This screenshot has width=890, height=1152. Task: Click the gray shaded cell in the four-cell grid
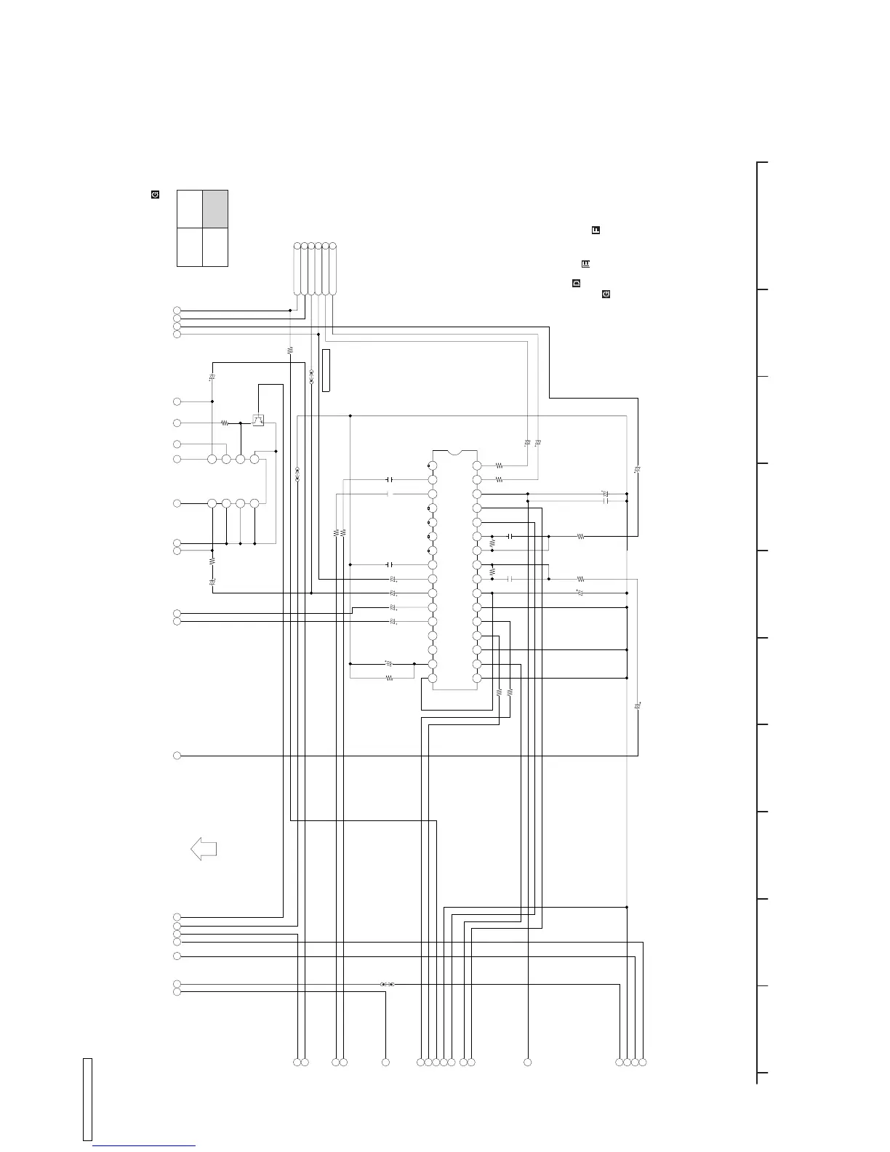[215, 209]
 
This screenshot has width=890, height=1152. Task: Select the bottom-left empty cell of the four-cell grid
[190, 247]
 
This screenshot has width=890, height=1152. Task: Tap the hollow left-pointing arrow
[204, 849]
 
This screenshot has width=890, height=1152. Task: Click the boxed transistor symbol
[258, 420]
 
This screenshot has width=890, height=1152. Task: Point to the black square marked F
[596, 230]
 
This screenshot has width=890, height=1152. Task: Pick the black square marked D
[576, 283]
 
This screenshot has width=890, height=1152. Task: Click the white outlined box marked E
[585, 263]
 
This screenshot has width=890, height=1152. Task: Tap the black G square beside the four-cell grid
[155, 194]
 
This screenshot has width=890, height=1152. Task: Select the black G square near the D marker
[606, 294]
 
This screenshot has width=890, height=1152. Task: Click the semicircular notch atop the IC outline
[454, 452]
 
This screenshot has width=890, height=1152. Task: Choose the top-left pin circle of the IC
[432, 465]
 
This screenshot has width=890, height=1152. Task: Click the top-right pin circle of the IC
[477, 465]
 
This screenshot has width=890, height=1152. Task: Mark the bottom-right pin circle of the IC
[477, 678]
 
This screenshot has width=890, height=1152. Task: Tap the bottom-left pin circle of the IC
[432, 678]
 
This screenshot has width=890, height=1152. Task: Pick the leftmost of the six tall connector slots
[297, 268]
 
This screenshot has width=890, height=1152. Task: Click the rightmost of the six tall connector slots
[333, 268]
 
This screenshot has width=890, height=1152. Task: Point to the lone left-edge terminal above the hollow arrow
[177, 756]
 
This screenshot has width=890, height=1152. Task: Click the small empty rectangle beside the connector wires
[326, 370]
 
